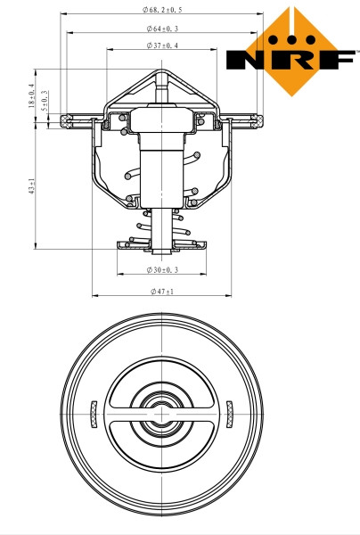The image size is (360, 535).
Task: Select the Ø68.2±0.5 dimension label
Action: pyautogui.click(x=161, y=10)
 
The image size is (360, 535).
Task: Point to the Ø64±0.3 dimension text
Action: pyautogui.click(x=161, y=29)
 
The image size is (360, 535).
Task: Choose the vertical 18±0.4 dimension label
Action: pyautogui.click(x=31, y=95)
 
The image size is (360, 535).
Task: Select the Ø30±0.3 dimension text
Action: pyautogui.click(x=161, y=269)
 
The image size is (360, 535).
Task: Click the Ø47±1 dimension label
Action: pyautogui.click(x=161, y=291)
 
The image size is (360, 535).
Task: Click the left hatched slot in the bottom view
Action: pyautogui.click(x=93, y=412)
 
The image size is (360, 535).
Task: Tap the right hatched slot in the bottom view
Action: pyautogui.click(x=230, y=411)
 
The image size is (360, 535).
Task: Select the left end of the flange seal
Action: pyautogui.click(x=68, y=119)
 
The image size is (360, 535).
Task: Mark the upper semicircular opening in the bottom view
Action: pyautogui.click(x=161, y=385)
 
